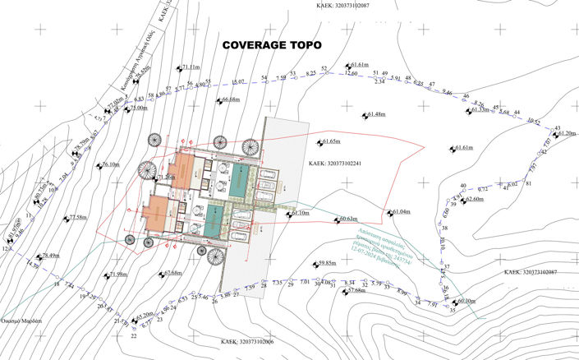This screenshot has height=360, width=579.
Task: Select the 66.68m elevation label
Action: coord(230,100)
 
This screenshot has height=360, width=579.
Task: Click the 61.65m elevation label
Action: coord(332,141)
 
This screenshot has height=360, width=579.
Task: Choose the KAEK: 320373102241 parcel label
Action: coord(335,164)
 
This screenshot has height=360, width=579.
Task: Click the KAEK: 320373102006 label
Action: coord(247,340)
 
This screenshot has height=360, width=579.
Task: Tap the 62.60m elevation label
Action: coord(474,199)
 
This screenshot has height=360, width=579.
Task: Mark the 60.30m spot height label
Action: coord(466,301)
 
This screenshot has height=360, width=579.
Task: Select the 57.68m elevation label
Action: coord(355,290)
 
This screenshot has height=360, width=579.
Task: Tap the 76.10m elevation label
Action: coord(111,165)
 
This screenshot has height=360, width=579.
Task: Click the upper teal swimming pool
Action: coord(240,178)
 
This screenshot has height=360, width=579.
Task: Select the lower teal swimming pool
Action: coord(215,219)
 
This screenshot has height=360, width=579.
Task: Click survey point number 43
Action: coord(557,128)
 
